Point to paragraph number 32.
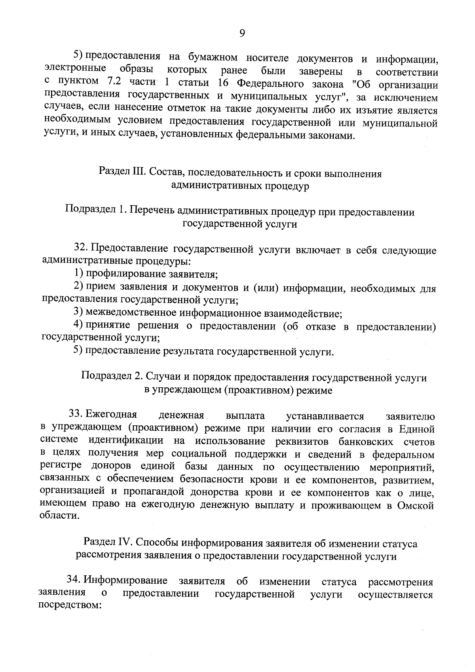[x=82, y=249]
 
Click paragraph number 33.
[x=75, y=415]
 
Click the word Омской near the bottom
[x=416, y=506]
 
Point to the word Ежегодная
[x=111, y=415]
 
